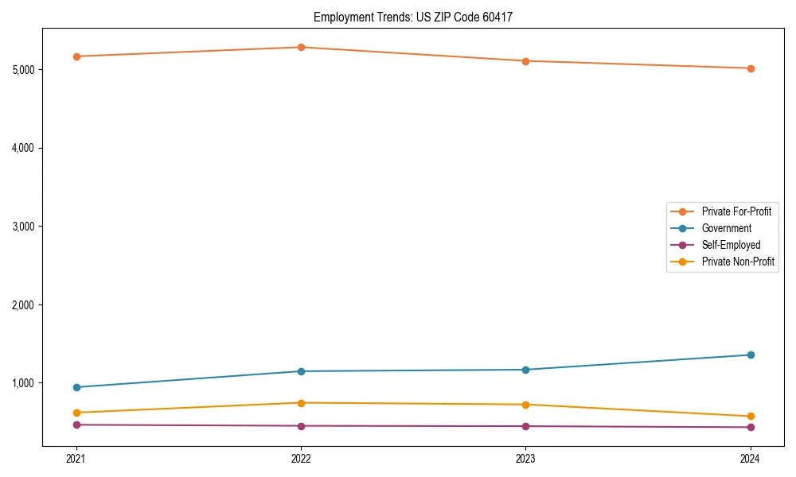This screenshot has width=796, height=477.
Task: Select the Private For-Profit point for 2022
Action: (x=301, y=48)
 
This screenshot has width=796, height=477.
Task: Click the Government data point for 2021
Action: (x=76, y=387)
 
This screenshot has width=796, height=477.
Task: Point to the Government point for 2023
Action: (x=525, y=370)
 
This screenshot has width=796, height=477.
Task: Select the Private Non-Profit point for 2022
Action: (x=301, y=403)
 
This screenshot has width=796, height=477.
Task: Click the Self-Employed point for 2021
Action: (x=76, y=425)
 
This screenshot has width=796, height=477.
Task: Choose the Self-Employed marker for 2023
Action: (x=525, y=426)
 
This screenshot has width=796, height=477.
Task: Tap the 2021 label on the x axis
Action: (x=76, y=459)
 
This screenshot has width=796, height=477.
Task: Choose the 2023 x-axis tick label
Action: (x=525, y=459)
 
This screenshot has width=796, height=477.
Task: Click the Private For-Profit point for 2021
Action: (x=76, y=56)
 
